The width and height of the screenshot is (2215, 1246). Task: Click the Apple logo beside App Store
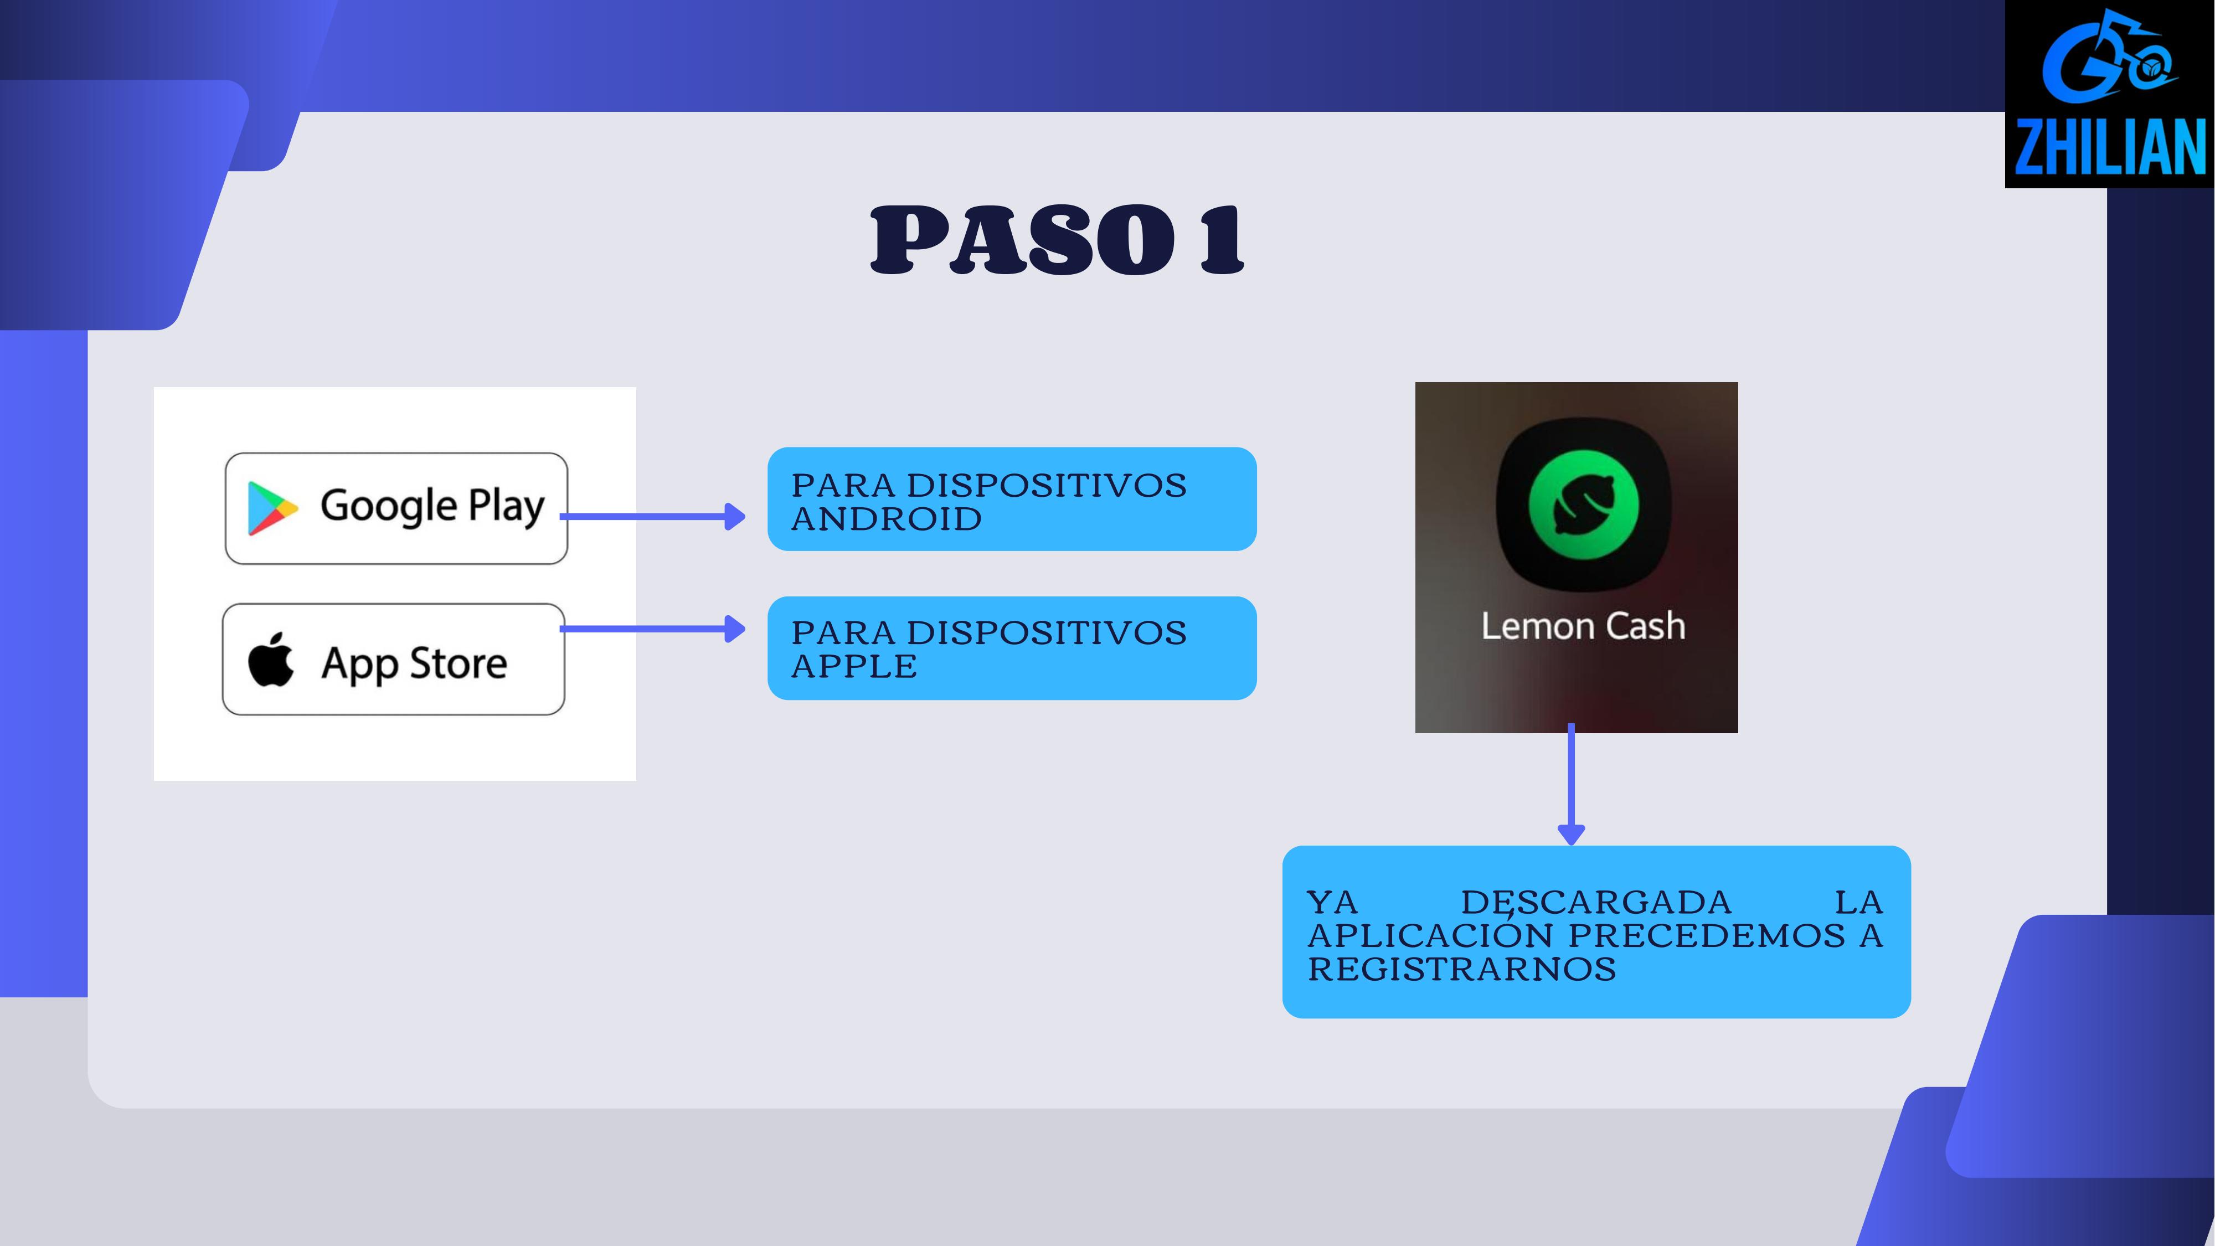(271, 661)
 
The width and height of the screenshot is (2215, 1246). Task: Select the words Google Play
(432, 506)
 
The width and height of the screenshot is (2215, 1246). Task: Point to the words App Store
(414, 663)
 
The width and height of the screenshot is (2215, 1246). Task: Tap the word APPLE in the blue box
(854, 666)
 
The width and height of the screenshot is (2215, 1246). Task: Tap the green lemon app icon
(1584, 504)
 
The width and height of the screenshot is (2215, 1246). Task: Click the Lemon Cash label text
(1583, 625)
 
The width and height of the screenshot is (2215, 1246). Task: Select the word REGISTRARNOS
(1462, 969)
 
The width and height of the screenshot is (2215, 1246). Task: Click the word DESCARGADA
(1596, 903)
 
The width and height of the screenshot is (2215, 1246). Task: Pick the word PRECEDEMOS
(1707, 935)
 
